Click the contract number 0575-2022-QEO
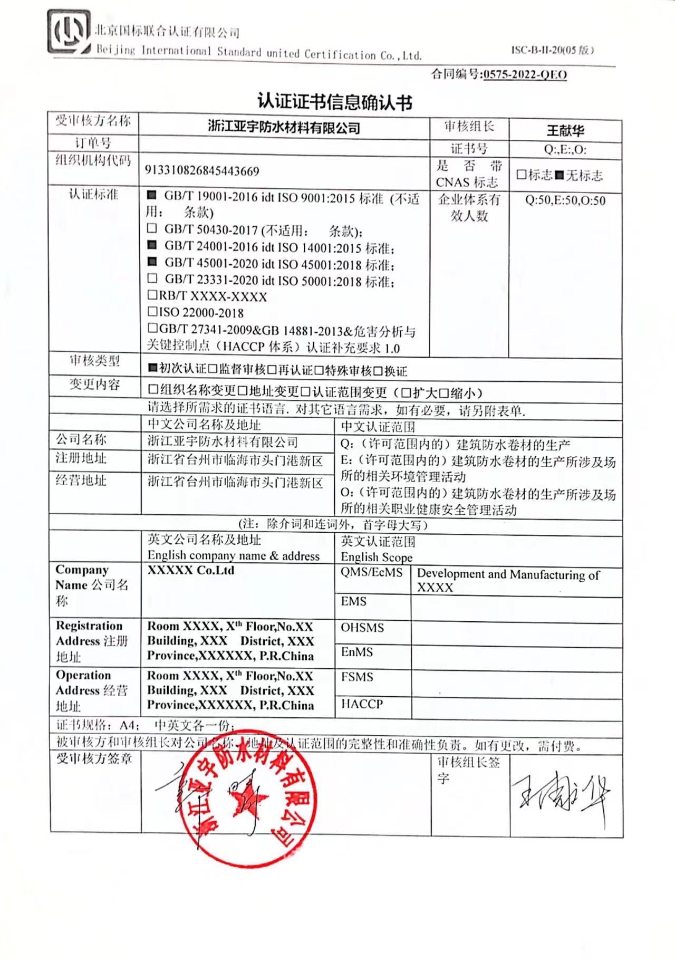pyautogui.click(x=525, y=74)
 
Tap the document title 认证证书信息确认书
pyautogui.click(x=334, y=102)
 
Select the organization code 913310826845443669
pyautogui.click(x=202, y=171)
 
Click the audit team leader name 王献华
pyautogui.click(x=565, y=130)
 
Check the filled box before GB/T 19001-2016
pyautogui.click(x=152, y=196)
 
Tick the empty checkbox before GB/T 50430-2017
pyautogui.click(x=152, y=228)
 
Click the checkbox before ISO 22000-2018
pyautogui.click(x=152, y=312)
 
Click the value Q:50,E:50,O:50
pyautogui.click(x=565, y=201)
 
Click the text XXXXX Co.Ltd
pyautogui.click(x=190, y=570)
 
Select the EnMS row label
pyautogui.click(x=357, y=652)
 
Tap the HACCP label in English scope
pyautogui.click(x=362, y=704)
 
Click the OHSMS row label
pyautogui.click(x=362, y=628)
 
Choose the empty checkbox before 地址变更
pyautogui.click(x=243, y=391)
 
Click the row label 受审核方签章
pyautogui.click(x=94, y=759)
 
